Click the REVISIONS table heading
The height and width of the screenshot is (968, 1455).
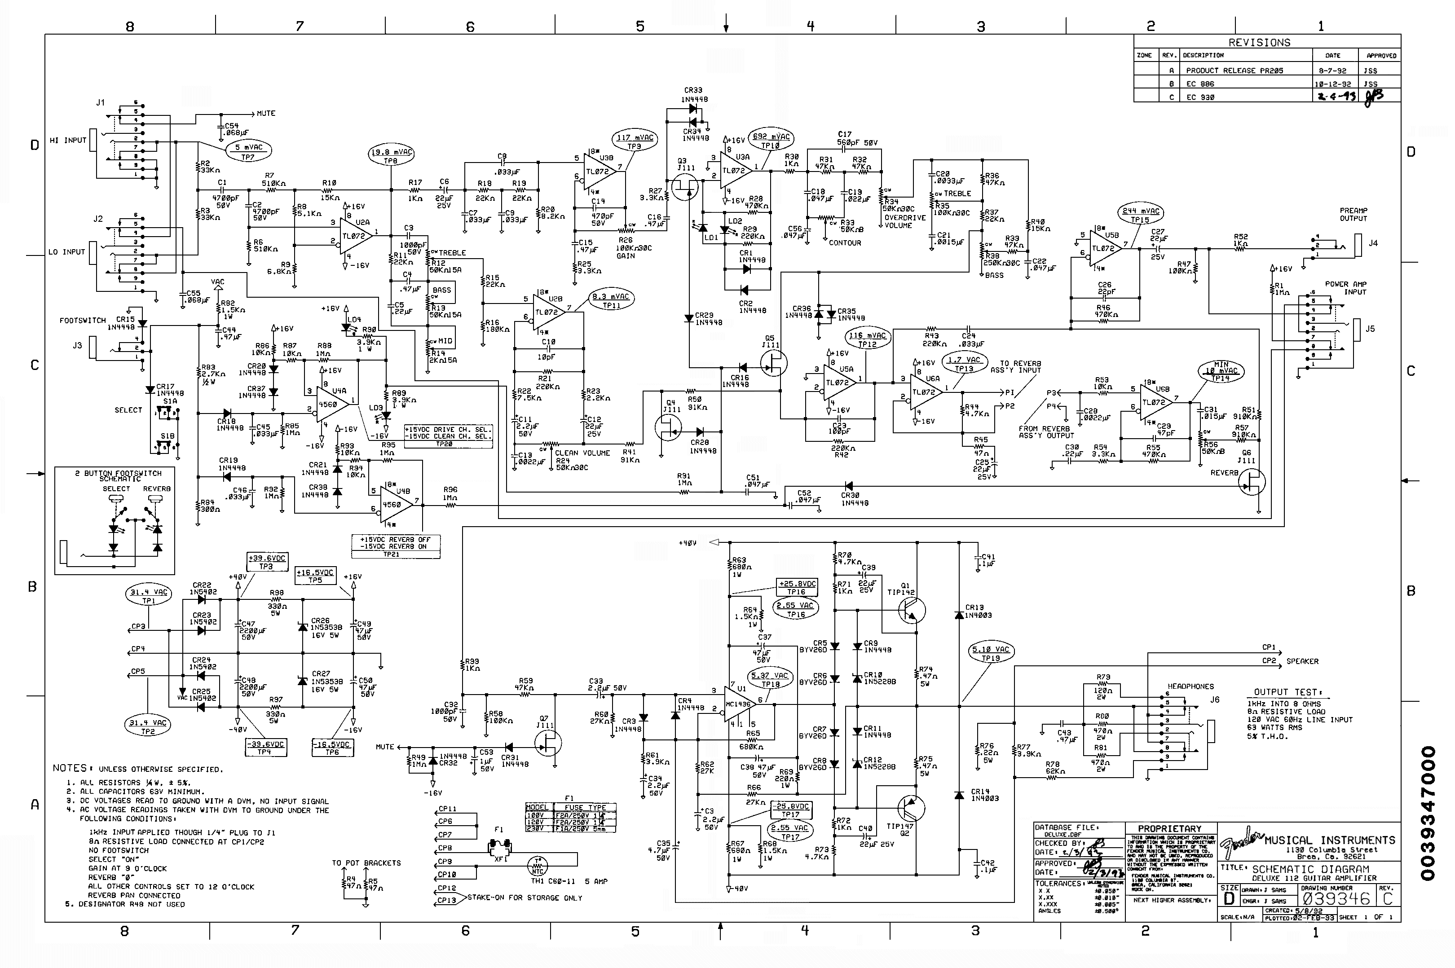(1259, 43)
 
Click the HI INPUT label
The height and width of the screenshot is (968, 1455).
(68, 140)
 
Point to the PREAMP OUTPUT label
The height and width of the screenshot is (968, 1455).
(1353, 214)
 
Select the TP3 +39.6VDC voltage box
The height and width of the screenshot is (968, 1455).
(267, 562)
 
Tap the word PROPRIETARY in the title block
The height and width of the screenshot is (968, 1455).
(1169, 828)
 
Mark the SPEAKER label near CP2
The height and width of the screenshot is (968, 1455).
(1302, 661)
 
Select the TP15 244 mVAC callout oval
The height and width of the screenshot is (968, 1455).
(1140, 215)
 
